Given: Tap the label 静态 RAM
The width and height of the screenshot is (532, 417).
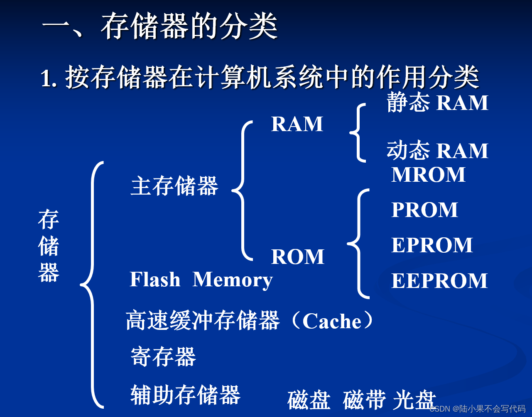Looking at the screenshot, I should pyautogui.click(x=437, y=103).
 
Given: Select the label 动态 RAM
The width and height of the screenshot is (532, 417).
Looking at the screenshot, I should pyautogui.click(x=437, y=151).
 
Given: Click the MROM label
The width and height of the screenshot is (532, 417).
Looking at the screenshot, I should pyautogui.click(x=428, y=175).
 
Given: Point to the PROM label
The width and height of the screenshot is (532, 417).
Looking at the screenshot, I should pyautogui.click(x=424, y=210).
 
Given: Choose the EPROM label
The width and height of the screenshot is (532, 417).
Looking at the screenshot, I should pyautogui.click(x=432, y=245).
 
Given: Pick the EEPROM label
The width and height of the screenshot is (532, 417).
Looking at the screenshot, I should pyautogui.click(x=439, y=281).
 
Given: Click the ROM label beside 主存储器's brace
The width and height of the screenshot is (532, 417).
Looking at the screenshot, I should pyautogui.click(x=297, y=257).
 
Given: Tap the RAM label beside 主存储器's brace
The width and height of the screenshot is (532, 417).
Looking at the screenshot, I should pyautogui.click(x=297, y=124).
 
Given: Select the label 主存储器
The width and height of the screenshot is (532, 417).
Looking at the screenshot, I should pyautogui.click(x=174, y=186).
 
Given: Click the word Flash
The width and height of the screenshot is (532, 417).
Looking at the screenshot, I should pyautogui.click(x=155, y=280).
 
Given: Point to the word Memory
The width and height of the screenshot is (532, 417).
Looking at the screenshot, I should pyautogui.click(x=233, y=280).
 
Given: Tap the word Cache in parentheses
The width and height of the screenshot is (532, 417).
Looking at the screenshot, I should pyautogui.click(x=332, y=322).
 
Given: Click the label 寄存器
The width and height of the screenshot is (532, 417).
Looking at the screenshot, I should pyautogui.click(x=163, y=357).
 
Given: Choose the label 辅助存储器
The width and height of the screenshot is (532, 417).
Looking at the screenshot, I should pyautogui.click(x=185, y=395).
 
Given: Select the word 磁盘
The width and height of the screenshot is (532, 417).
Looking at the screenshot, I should pyautogui.click(x=309, y=400).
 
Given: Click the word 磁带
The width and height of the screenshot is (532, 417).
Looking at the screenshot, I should pyautogui.click(x=364, y=400).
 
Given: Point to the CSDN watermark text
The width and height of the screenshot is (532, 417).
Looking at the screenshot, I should pyautogui.click(x=478, y=409).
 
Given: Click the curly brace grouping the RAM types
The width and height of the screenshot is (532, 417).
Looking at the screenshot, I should pyautogui.click(x=357, y=133).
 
